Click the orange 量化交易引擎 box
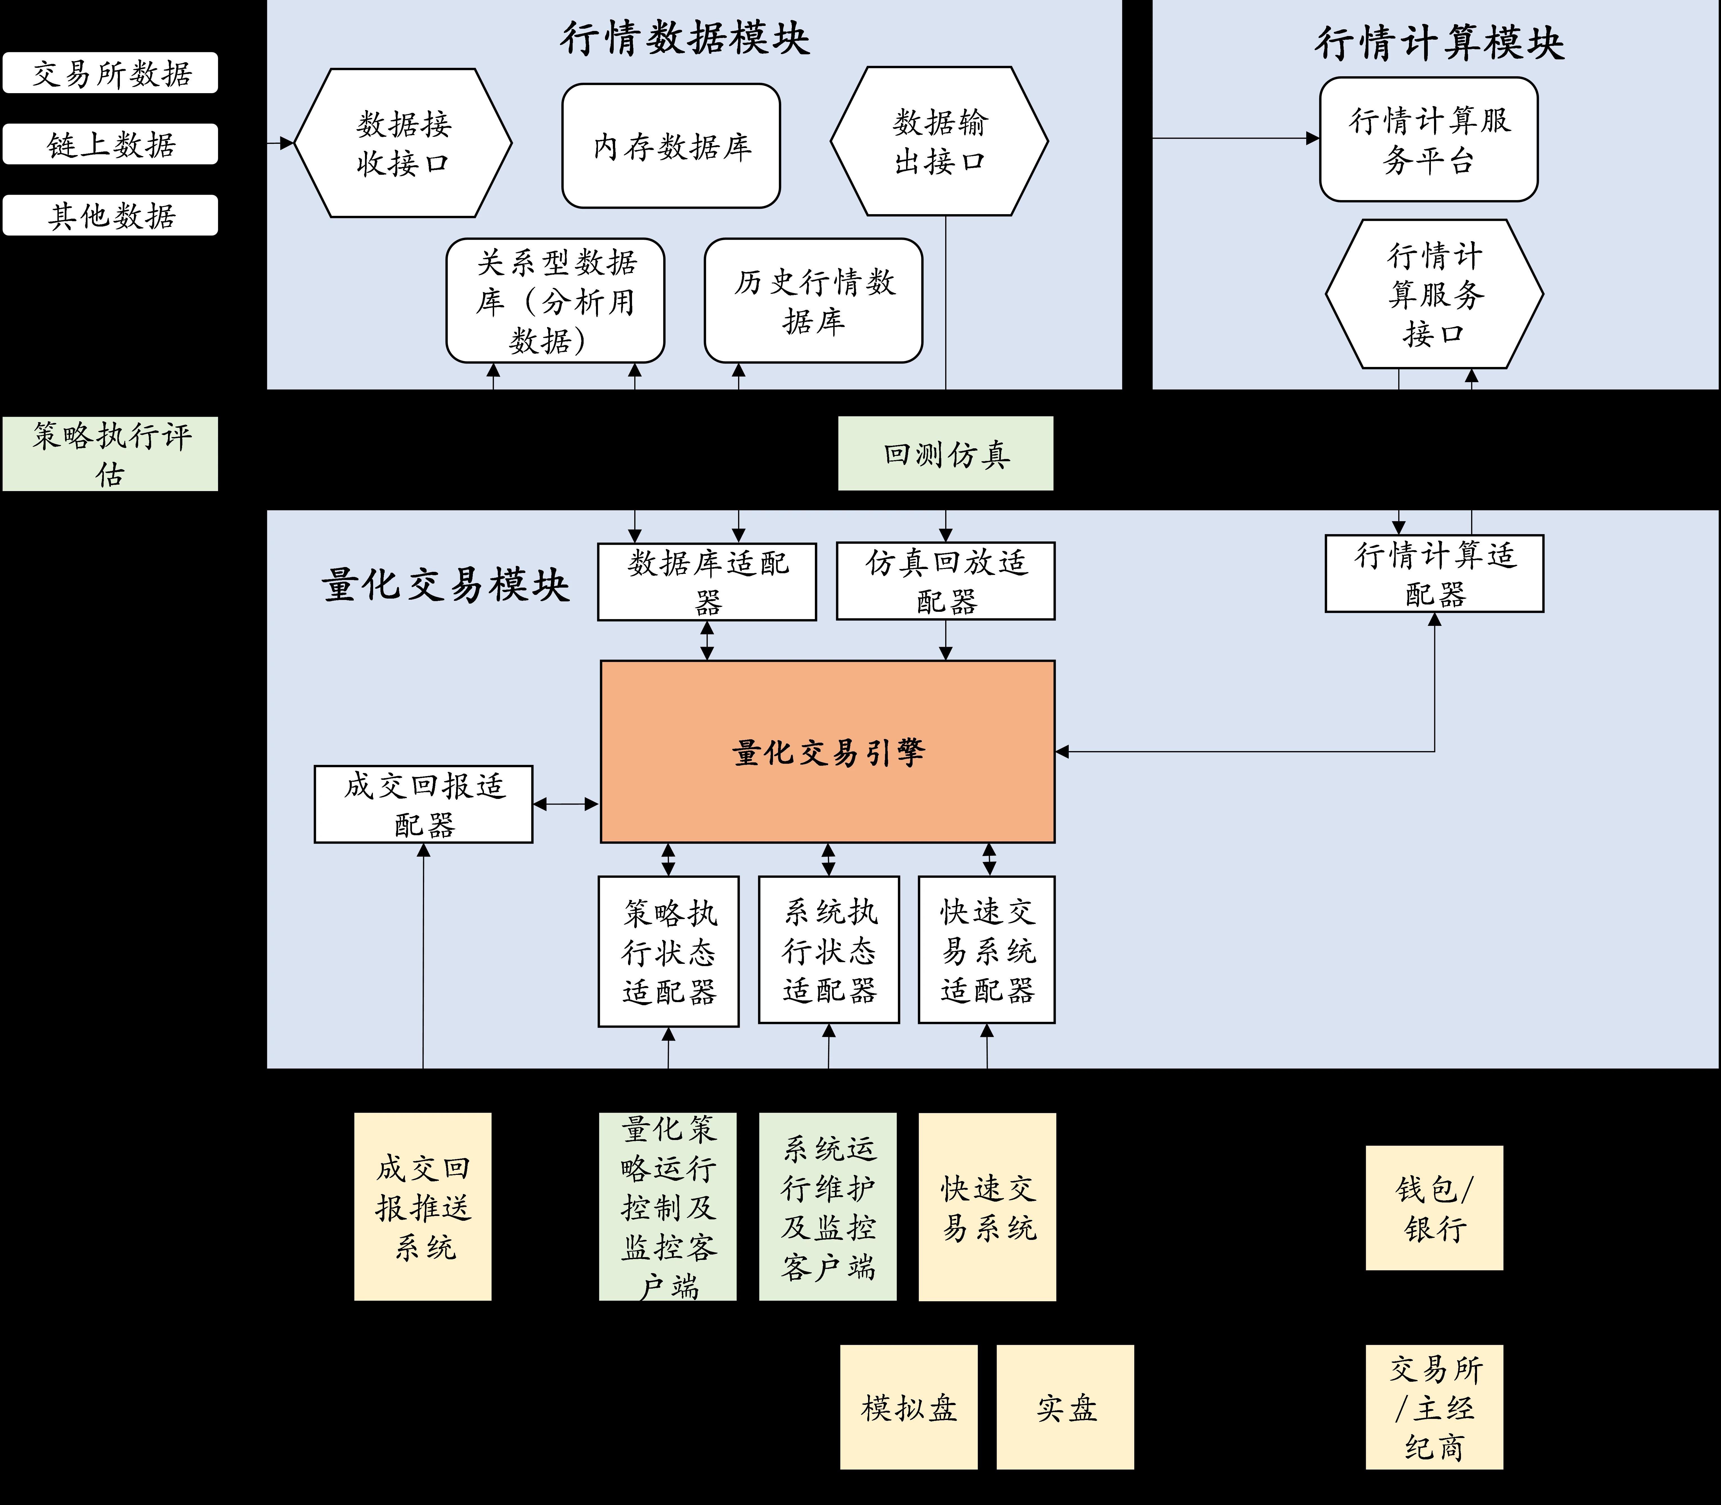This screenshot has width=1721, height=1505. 827,752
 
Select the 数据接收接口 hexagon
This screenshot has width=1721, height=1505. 403,143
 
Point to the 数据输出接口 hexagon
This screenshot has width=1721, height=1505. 939,141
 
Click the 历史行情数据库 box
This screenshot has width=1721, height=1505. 813,301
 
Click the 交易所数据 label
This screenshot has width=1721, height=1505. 111,73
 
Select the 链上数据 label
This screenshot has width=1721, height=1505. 111,144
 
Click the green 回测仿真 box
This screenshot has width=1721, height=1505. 946,454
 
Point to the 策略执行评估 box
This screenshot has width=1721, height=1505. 111,454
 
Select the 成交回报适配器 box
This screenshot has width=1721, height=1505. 423,805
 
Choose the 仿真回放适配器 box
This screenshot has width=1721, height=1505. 946,581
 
